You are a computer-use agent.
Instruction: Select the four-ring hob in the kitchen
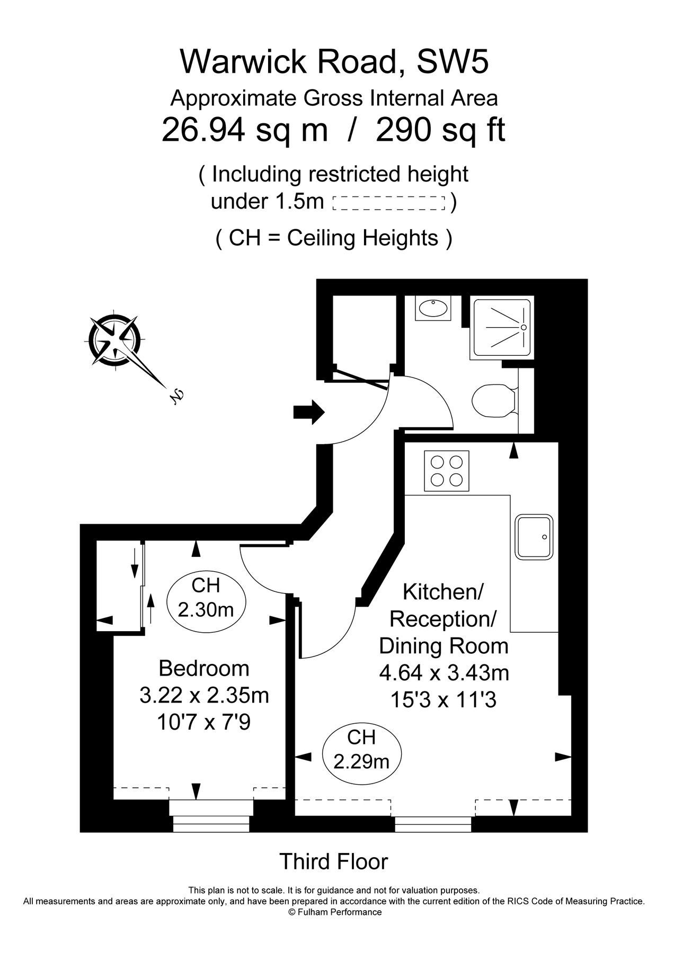tap(447, 470)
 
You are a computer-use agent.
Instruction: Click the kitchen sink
tap(534, 537)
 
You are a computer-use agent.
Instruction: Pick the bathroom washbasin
tap(433, 307)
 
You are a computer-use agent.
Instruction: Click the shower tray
tap(501, 328)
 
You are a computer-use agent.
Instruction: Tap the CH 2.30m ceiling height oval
tap(206, 598)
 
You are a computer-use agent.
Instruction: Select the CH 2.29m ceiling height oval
tap(361, 749)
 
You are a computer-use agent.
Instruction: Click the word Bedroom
tap(204, 668)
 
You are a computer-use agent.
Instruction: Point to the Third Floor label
tap(334, 862)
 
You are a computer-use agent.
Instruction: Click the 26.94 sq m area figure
tap(245, 130)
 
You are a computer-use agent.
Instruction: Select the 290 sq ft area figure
tap(440, 130)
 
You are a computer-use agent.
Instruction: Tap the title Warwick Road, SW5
tap(334, 62)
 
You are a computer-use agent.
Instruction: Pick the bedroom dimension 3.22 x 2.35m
tap(204, 695)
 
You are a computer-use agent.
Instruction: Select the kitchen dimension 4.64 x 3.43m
tap(444, 673)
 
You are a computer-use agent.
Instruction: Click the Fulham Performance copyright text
tap(334, 912)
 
